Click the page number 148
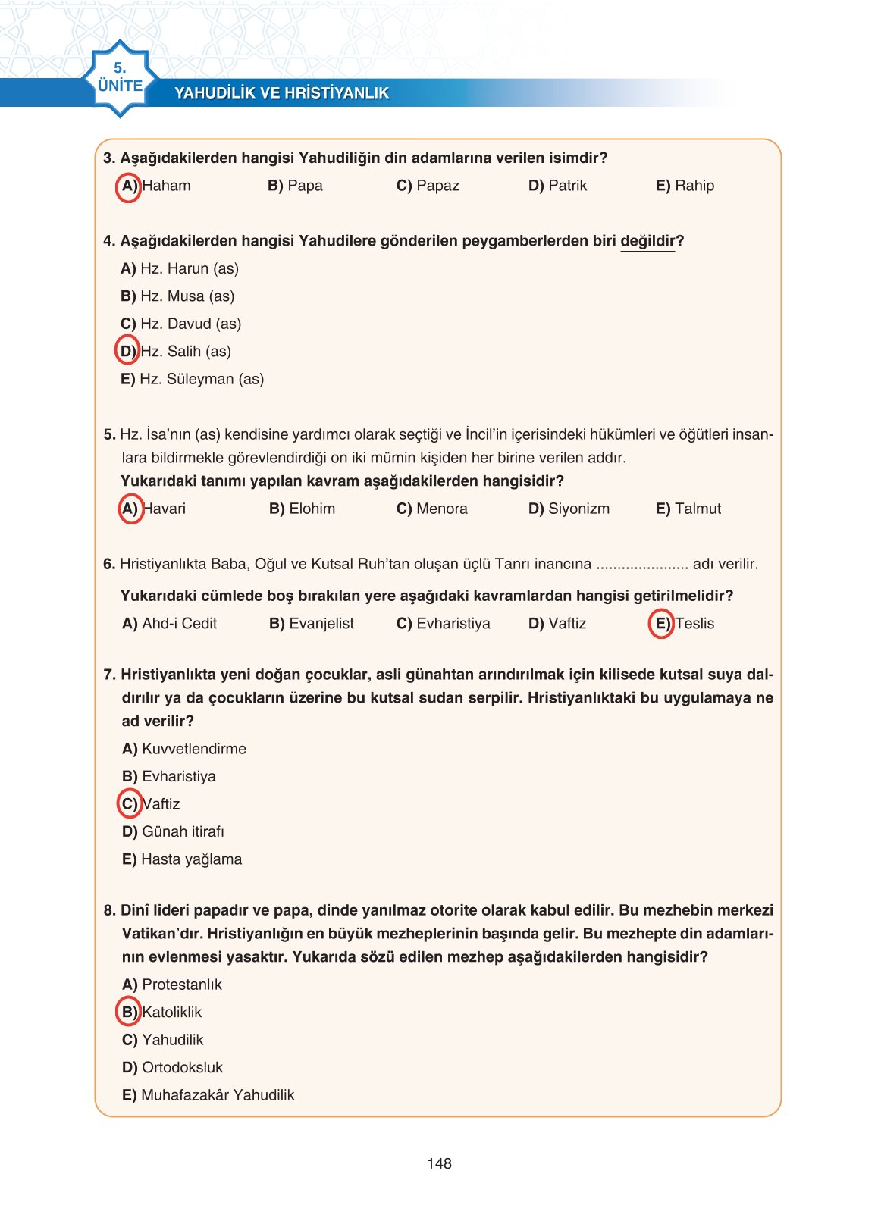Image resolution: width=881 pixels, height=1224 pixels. click(x=439, y=1163)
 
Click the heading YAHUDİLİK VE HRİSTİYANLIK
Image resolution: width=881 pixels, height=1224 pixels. click(x=281, y=93)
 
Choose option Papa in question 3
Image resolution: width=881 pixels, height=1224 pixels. click(x=295, y=186)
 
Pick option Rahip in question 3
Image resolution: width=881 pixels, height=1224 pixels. click(x=685, y=186)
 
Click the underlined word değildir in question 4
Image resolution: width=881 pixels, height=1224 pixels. click(x=647, y=241)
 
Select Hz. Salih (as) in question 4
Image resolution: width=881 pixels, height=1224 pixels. click(x=176, y=351)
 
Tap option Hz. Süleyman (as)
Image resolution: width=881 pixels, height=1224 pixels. click(x=192, y=379)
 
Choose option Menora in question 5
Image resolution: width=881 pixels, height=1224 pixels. click(x=431, y=509)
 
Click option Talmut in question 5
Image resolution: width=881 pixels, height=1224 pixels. click(x=688, y=509)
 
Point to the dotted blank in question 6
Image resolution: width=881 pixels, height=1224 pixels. click(x=641, y=565)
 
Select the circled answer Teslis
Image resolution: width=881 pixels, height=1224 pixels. click(x=682, y=624)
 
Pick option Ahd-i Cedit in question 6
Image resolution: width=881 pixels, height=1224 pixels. click(x=169, y=624)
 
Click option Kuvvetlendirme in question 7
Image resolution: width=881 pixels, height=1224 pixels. click(x=183, y=749)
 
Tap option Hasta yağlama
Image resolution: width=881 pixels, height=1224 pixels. click(x=182, y=859)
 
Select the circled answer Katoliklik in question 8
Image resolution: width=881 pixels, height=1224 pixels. click(x=161, y=1012)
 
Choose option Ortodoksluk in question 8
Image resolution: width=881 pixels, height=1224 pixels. click(x=172, y=1067)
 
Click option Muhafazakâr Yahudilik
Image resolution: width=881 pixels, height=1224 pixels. click(x=208, y=1095)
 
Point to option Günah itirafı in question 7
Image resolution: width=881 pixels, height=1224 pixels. click(x=173, y=831)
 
